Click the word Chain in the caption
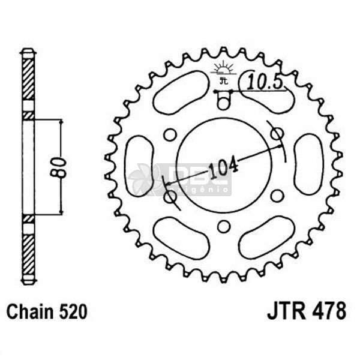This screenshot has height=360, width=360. point(29,312)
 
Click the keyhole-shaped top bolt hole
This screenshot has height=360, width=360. point(223,99)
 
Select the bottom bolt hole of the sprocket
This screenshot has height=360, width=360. point(223,226)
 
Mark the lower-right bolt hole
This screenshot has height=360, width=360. point(277,196)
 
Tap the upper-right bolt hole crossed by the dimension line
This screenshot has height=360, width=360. point(277,133)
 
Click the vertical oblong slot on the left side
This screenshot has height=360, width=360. point(139,165)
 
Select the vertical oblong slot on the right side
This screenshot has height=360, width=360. point(307,164)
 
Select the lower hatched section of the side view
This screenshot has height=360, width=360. point(28,249)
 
